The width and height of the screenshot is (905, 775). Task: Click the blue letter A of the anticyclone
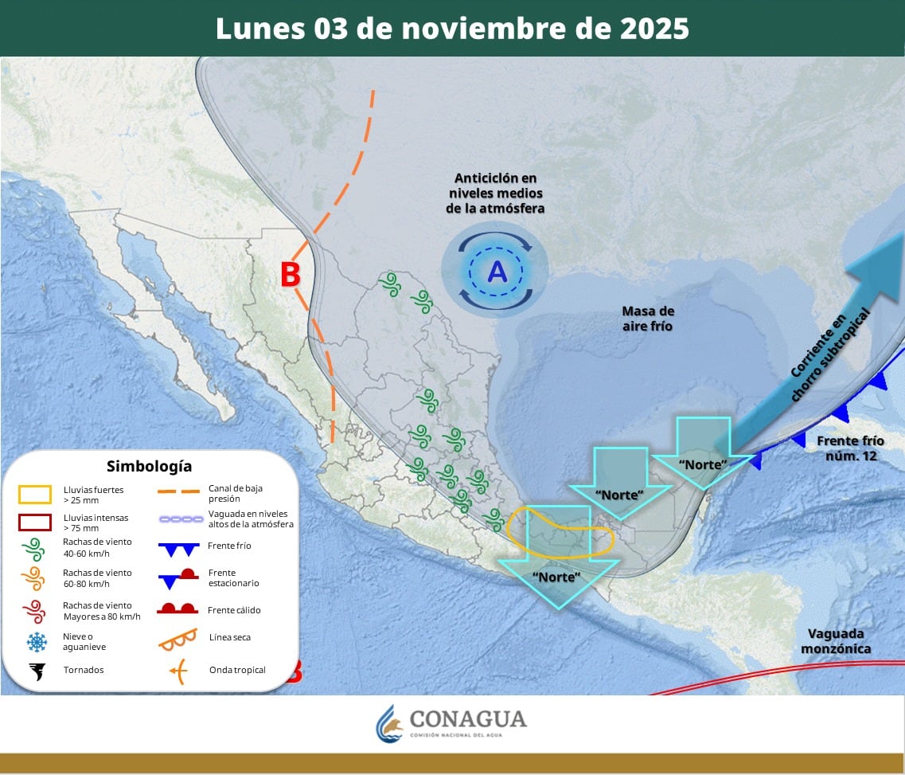(x=497, y=272)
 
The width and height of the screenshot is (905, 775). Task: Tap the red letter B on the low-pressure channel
(x=291, y=275)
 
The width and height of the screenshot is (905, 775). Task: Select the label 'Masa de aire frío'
(x=648, y=318)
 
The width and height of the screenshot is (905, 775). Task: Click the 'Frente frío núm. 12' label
(x=849, y=448)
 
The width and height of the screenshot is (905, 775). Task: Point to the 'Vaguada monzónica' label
(x=836, y=641)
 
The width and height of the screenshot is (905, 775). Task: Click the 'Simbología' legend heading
(x=150, y=466)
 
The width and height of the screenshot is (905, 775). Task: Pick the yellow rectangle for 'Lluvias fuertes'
(x=35, y=495)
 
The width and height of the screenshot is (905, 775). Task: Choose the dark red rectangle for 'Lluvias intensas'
(x=35, y=523)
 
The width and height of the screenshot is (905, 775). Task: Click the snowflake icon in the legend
(x=37, y=642)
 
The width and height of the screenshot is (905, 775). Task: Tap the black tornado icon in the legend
(x=37, y=671)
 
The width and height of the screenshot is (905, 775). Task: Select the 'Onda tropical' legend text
(x=237, y=670)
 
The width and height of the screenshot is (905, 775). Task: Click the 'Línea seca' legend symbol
(x=178, y=638)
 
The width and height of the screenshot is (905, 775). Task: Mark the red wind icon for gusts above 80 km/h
(x=35, y=611)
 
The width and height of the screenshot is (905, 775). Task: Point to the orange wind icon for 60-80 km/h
(x=35, y=578)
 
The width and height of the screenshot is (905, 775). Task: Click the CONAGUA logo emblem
(x=390, y=723)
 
